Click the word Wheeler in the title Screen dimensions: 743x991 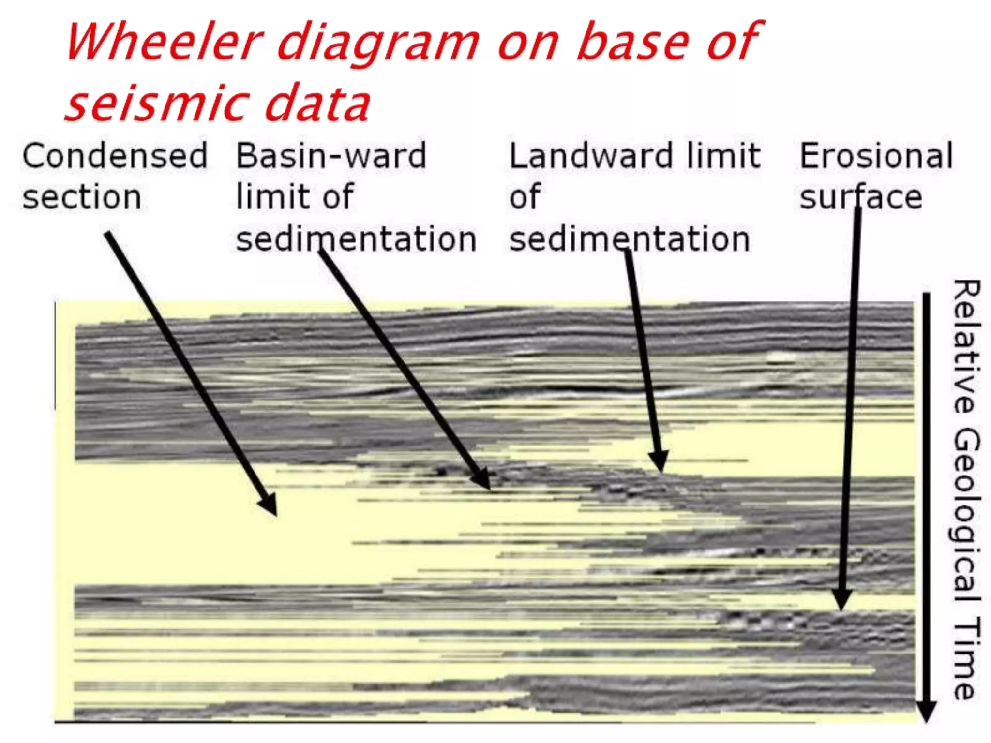click(165, 43)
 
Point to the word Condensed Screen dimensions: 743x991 click(115, 156)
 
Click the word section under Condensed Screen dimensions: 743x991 click(82, 197)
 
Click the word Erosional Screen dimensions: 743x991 click(876, 156)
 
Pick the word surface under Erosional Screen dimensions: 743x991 click(861, 197)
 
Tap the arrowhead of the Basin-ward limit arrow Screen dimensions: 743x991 click(483, 480)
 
